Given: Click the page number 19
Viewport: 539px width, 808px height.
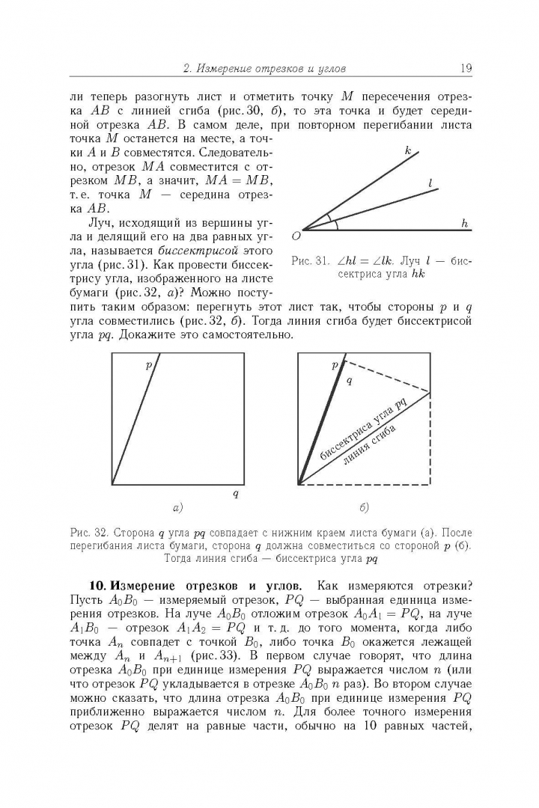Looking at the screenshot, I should click(465, 69).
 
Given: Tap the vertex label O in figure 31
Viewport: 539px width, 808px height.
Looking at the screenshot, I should click(296, 236).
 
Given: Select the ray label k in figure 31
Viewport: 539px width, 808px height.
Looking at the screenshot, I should click(408, 151).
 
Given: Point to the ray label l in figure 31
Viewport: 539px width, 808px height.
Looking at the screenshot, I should click(431, 183).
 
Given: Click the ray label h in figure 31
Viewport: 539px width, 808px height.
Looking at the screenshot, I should click(464, 223).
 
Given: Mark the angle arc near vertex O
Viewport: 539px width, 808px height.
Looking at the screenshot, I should click(335, 224).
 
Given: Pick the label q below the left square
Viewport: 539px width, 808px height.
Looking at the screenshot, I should click(236, 493).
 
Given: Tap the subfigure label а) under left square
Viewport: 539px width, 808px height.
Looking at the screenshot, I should click(177, 508).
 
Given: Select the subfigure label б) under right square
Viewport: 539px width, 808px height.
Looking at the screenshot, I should click(364, 508).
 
